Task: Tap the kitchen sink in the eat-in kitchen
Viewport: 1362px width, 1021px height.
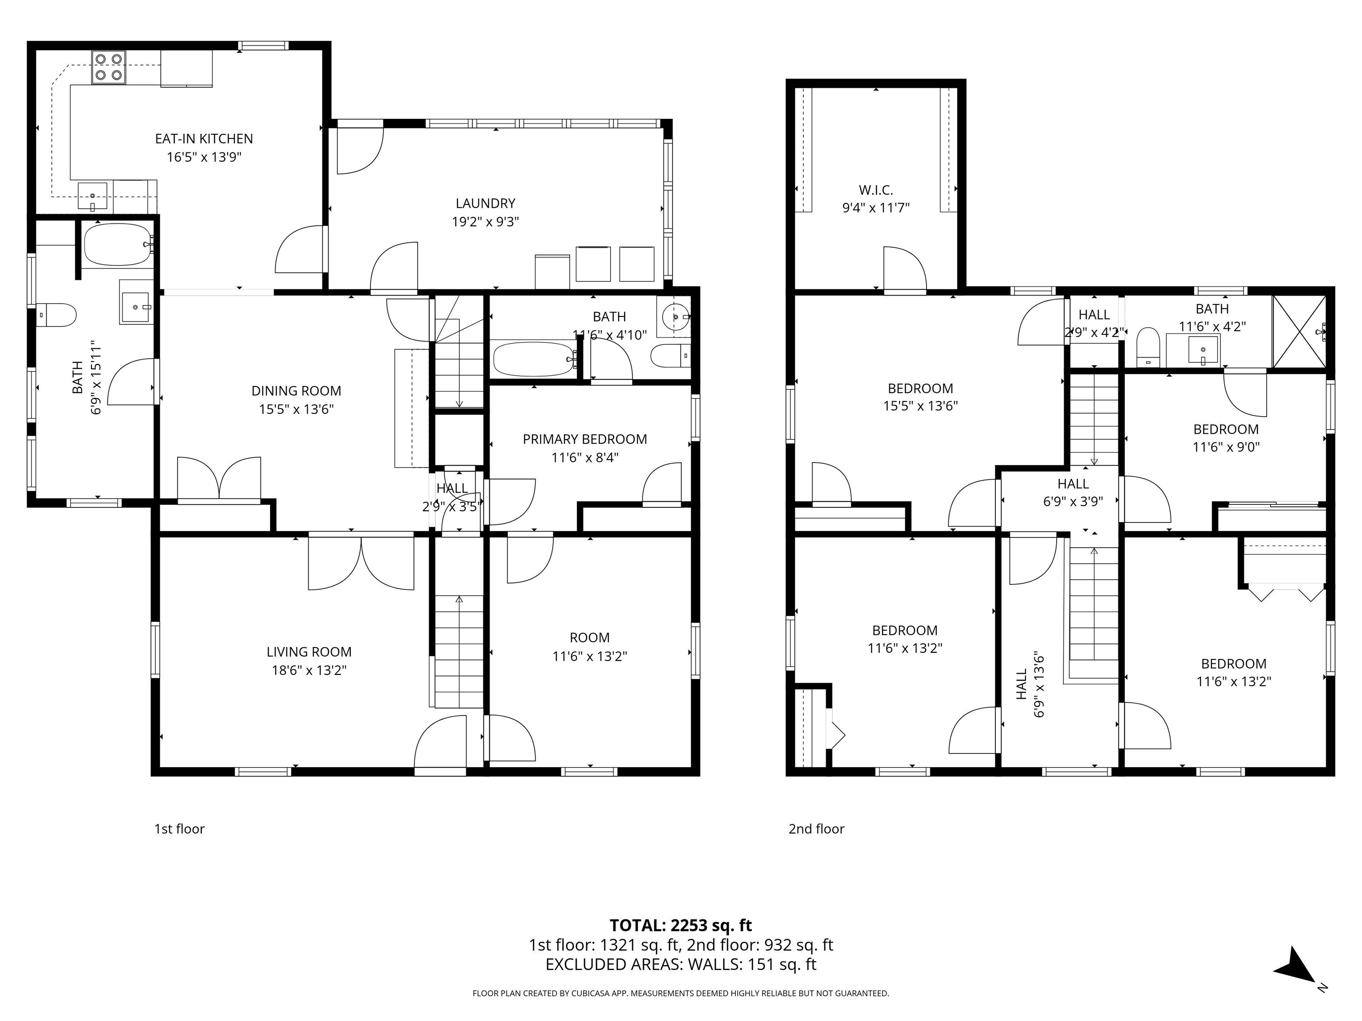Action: pos(92,196)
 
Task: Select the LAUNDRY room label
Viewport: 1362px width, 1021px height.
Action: pos(485,203)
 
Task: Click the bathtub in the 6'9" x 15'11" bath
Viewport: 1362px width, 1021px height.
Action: pos(117,244)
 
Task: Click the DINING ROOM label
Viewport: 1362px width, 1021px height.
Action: pos(296,391)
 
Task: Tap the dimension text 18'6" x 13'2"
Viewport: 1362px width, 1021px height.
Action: pos(309,670)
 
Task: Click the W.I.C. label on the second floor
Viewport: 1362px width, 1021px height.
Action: pos(876,190)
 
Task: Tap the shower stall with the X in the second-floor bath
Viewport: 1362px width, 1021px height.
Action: pos(1299,332)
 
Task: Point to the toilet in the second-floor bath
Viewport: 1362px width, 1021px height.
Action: pos(1147,347)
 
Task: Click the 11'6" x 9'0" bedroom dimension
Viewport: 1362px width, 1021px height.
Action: pos(1225,447)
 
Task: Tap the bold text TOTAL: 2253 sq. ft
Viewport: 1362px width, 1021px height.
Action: pos(681,925)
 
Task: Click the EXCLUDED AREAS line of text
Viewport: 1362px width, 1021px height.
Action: pos(681,964)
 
